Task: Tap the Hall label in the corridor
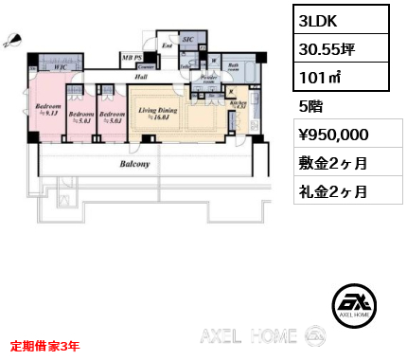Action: tap(140, 78)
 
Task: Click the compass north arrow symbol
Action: tap(11, 39)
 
